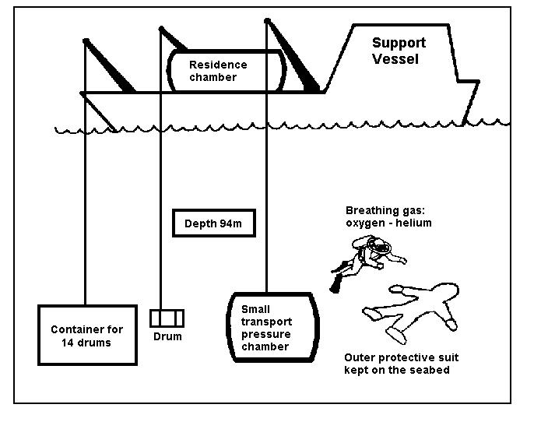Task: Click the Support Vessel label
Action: [399, 50]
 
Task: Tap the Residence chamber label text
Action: [218, 71]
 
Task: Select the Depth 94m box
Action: [213, 224]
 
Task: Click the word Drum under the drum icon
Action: [167, 336]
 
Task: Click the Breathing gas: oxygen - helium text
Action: [388, 216]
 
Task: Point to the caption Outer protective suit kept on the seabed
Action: [401, 364]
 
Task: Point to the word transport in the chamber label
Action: [266, 322]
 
